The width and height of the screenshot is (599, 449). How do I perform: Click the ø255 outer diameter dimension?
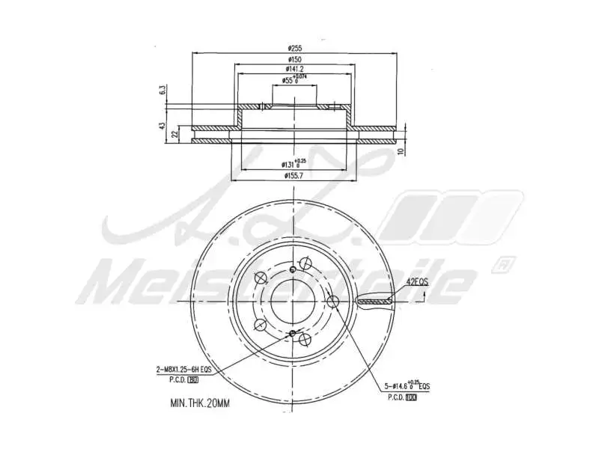tap(294, 48)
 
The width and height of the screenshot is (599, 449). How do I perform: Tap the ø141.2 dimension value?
tap(294, 69)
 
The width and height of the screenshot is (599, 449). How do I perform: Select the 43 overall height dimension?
tap(162, 126)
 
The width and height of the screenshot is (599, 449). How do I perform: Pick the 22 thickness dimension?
tap(174, 134)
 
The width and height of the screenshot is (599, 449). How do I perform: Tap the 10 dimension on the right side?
tap(401, 150)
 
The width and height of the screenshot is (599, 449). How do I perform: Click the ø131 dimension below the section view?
tap(292, 164)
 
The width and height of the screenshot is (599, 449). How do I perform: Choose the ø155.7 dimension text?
tap(293, 176)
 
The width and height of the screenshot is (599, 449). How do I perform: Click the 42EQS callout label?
tap(416, 282)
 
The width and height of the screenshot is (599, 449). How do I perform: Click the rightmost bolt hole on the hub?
tap(332, 301)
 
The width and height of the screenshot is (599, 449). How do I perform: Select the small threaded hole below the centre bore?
tap(292, 334)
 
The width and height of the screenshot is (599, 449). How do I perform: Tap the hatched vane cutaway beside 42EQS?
tap(374, 302)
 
